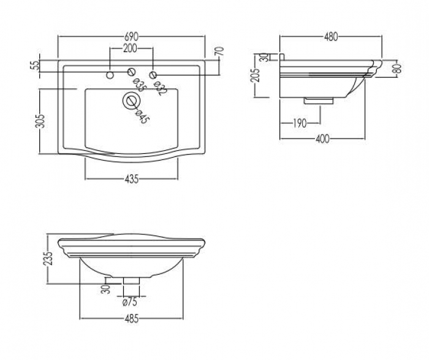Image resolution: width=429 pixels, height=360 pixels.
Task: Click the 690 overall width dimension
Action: pyautogui.click(x=132, y=36)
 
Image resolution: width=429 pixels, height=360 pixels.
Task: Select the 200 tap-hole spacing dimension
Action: pyautogui.click(x=130, y=48)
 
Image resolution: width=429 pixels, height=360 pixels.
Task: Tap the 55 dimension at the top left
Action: pyautogui.click(x=36, y=66)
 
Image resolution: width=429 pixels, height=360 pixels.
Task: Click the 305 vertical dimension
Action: pyautogui.click(x=40, y=121)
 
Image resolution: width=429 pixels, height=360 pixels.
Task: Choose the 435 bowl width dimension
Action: pyautogui.click(x=132, y=179)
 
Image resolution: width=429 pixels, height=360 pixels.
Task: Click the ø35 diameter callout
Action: pyautogui.click(x=139, y=85)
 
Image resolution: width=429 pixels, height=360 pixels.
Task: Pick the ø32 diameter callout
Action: pyautogui.click(x=160, y=88)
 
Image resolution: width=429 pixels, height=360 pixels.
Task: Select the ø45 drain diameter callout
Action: pyautogui.click(x=142, y=117)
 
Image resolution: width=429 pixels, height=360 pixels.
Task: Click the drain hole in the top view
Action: pyautogui.click(x=132, y=101)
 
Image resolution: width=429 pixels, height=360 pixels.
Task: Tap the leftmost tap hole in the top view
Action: pyautogui.click(x=110, y=75)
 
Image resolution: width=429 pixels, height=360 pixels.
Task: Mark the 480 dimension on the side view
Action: pyautogui.click(x=331, y=37)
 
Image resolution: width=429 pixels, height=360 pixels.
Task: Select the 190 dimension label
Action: pyautogui.click(x=300, y=123)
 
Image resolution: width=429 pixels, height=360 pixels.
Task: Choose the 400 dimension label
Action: pyautogui.click(x=322, y=139)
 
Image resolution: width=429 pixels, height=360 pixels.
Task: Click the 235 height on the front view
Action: pyautogui.click(x=48, y=258)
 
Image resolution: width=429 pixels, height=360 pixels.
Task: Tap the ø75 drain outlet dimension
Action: pyautogui.click(x=130, y=302)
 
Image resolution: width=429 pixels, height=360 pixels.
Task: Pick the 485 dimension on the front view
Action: pyautogui.click(x=132, y=319)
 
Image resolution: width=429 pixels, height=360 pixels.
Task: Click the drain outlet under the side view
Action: pyautogui.click(x=319, y=101)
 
